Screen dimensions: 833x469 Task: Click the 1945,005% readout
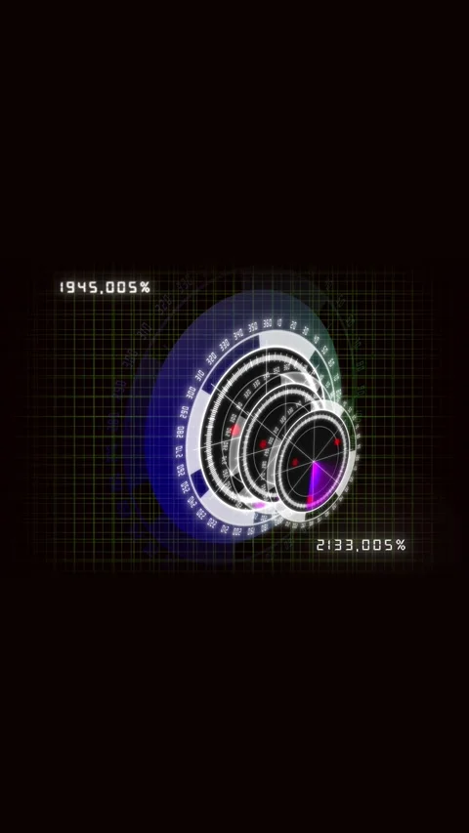pos(105,287)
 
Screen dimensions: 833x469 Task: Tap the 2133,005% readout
pos(361,545)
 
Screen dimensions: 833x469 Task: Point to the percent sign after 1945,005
pos(145,287)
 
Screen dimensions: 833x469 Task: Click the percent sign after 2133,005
pos(401,545)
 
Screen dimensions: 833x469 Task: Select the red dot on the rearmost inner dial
pos(235,429)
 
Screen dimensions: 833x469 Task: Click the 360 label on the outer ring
pos(266,324)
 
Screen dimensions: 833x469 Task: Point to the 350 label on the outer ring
pos(252,327)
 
